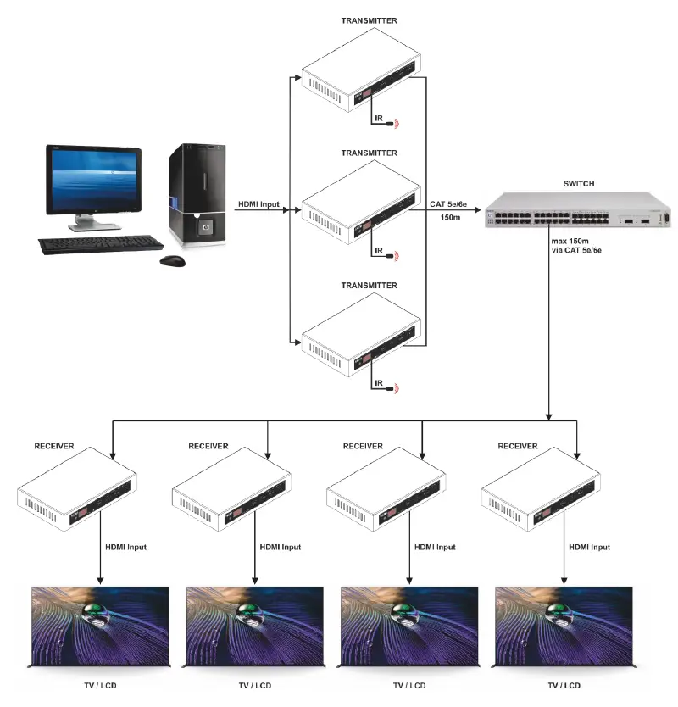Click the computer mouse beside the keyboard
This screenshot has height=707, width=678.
coord(173,260)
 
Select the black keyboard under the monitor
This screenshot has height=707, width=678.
coord(99,244)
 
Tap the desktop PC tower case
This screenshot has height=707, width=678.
coord(197,196)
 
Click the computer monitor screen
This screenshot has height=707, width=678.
coord(92,181)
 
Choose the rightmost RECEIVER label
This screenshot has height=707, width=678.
coord(517,445)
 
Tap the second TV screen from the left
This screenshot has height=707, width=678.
coord(254,626)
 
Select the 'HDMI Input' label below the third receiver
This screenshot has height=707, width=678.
coord(435,548)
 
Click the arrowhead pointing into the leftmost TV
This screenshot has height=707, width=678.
coord(100,581)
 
